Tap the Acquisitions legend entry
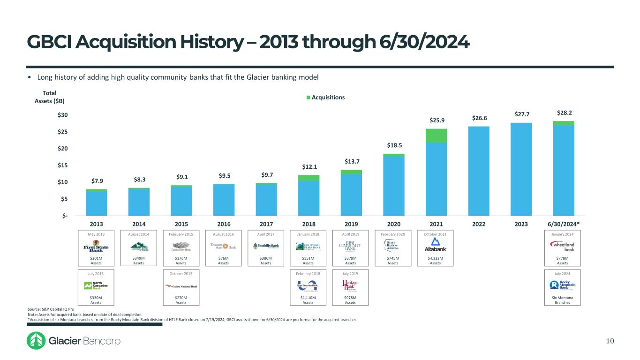(x=325, y=97)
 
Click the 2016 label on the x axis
(x=224, y=224)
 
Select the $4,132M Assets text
(x=436, y=260)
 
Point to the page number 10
(x=610, y=341)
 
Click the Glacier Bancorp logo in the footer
(x=74, y=341)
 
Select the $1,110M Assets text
(x=308, y=300)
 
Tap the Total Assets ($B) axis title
(x=50, y=97)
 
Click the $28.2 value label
(x=564, y=113)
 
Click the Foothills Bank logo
(x=266, y=246)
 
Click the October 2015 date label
(x=181, y=272)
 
